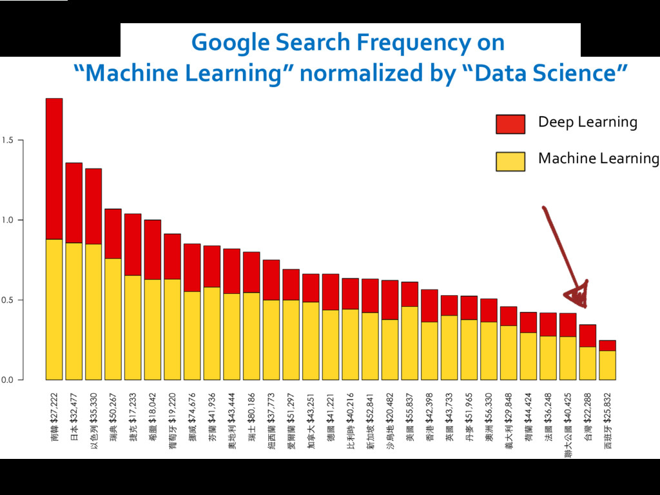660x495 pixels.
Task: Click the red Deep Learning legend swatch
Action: (x=510, y=124)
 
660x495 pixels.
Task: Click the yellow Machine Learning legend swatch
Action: (x=510, y=160)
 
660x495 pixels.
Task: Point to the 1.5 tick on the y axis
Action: (x=8, y=140)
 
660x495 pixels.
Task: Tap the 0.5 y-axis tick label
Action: (x=8, y=300)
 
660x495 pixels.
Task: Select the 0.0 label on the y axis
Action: (x=8, y=380)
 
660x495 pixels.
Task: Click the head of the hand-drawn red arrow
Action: (x=577, y=295)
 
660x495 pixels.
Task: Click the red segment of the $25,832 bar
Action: (x=607, y=345)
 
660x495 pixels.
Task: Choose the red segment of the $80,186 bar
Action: (x=251, y=272)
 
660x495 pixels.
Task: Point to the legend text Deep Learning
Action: (x=587, y=122)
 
